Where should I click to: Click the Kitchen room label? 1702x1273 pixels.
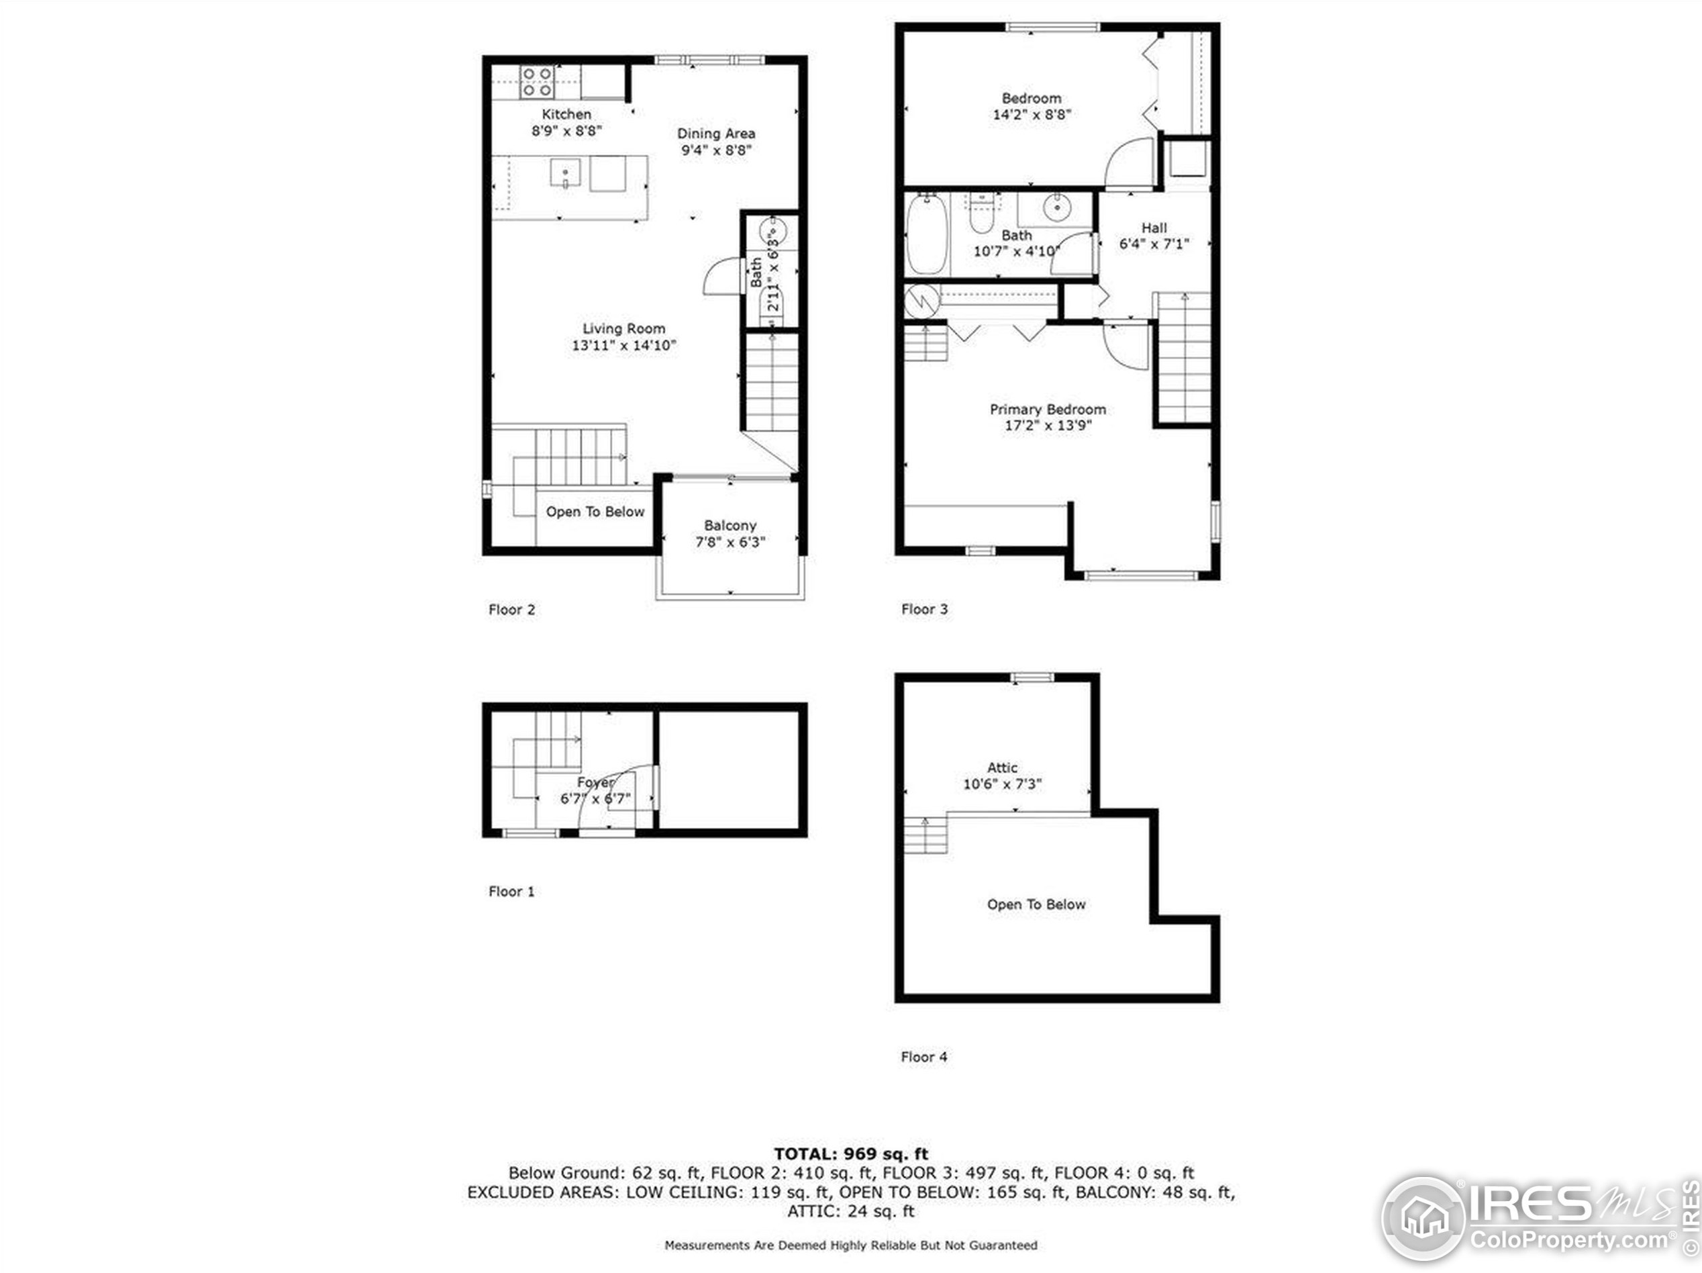(x=566, y=115)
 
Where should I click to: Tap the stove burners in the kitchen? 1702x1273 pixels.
(x=536, y=83)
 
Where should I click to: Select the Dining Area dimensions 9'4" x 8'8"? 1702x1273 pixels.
(x=715, y=150)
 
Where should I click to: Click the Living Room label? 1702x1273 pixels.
(x=623, y=328)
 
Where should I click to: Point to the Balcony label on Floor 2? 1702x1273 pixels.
(x=730, y=526)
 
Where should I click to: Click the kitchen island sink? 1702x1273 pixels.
(x=565, y=173)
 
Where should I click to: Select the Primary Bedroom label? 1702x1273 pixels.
(x=1047, y=410)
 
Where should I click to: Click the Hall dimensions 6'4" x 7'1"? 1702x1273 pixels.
(x=1154, y=244)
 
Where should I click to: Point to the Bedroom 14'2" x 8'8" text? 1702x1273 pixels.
(x=1031, y=106)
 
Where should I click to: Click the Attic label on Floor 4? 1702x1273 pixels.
(x=1002, y=767)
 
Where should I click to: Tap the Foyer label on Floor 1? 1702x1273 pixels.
(x=595, y=782)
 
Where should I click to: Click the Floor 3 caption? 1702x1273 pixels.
(x=924, y=609)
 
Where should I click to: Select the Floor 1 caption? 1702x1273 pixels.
(x=511, y=891)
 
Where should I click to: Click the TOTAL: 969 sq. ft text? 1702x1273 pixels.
(x=850, y=1153)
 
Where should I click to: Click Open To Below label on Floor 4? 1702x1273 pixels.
(x=1036, y=904)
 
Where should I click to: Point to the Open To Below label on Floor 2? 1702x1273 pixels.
(x=595, y=512)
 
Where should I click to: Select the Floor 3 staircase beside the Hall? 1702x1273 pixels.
(x=1183, y=358)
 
